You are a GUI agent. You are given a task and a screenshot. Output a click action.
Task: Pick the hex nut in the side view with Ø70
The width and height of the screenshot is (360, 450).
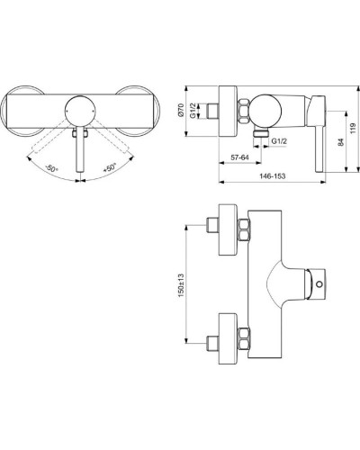click(x=246, y=112)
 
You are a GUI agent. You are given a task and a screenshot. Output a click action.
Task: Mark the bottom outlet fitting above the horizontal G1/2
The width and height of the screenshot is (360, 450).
click(x=262, y=130)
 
